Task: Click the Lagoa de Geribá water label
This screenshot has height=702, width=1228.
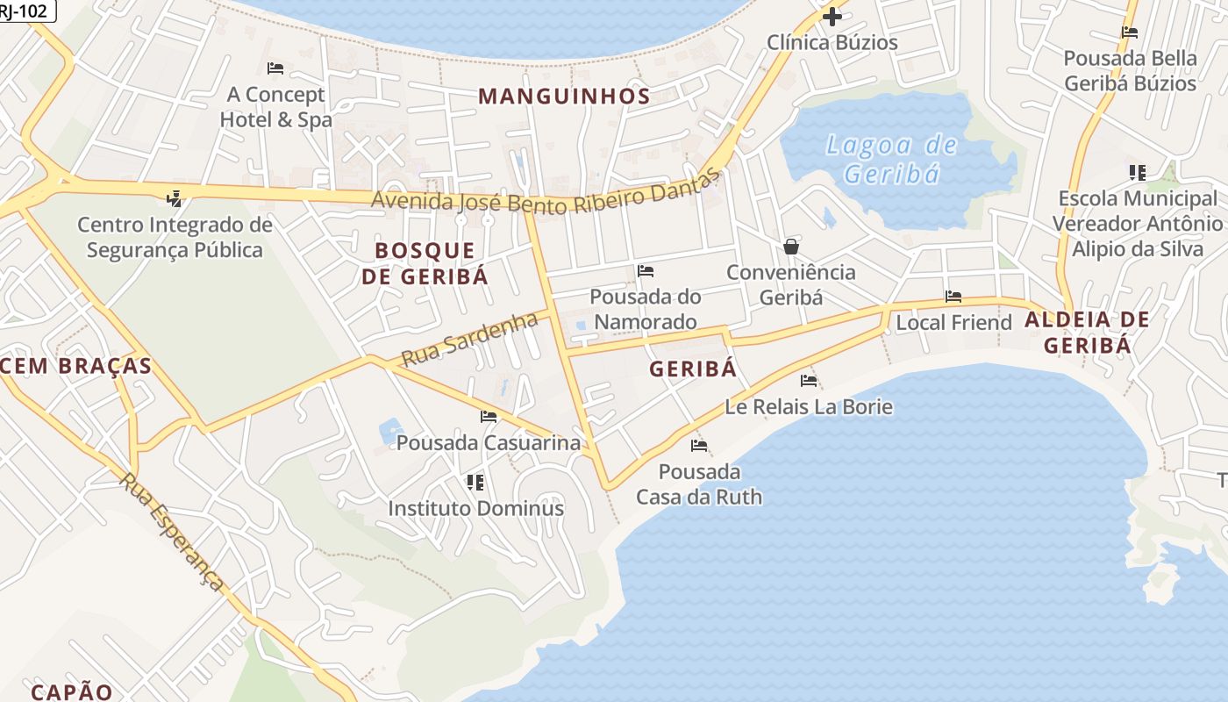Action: tap(890, 159)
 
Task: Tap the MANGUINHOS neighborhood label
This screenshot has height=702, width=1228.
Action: tap(564, 97)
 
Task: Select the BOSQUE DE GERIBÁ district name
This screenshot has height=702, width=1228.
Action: tap(425, 263)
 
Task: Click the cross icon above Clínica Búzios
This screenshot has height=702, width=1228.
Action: tap(832, 17)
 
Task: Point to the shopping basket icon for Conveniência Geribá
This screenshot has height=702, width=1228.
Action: tap(791, 247)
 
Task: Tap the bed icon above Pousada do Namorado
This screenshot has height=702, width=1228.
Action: tap(646, 271)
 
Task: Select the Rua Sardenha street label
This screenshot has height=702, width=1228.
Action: tap(469, 339)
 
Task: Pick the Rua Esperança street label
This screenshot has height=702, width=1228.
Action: tap(173, 532)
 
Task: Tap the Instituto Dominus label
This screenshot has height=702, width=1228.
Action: tap(475, 508)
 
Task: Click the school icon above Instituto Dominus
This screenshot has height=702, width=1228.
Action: tap(475, 482)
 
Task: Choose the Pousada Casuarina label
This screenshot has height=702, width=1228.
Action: tap(489, 443)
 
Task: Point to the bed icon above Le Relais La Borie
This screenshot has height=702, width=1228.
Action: tap(809, 381)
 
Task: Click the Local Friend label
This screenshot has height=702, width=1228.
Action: tap(953, 323)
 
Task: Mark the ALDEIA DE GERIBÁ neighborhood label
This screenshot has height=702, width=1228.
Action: tap(1087, 333)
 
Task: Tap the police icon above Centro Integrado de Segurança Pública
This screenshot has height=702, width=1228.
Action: tap(175, 198)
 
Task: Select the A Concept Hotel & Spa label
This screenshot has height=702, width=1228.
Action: tap(275, 107)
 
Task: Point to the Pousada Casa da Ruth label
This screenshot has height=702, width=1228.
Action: tap(699, 484)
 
